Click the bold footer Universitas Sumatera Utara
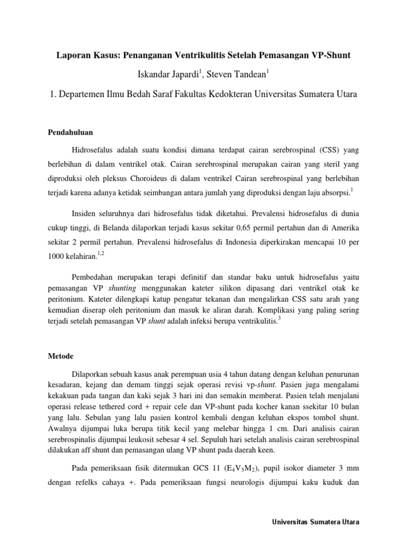coord(316,522)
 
